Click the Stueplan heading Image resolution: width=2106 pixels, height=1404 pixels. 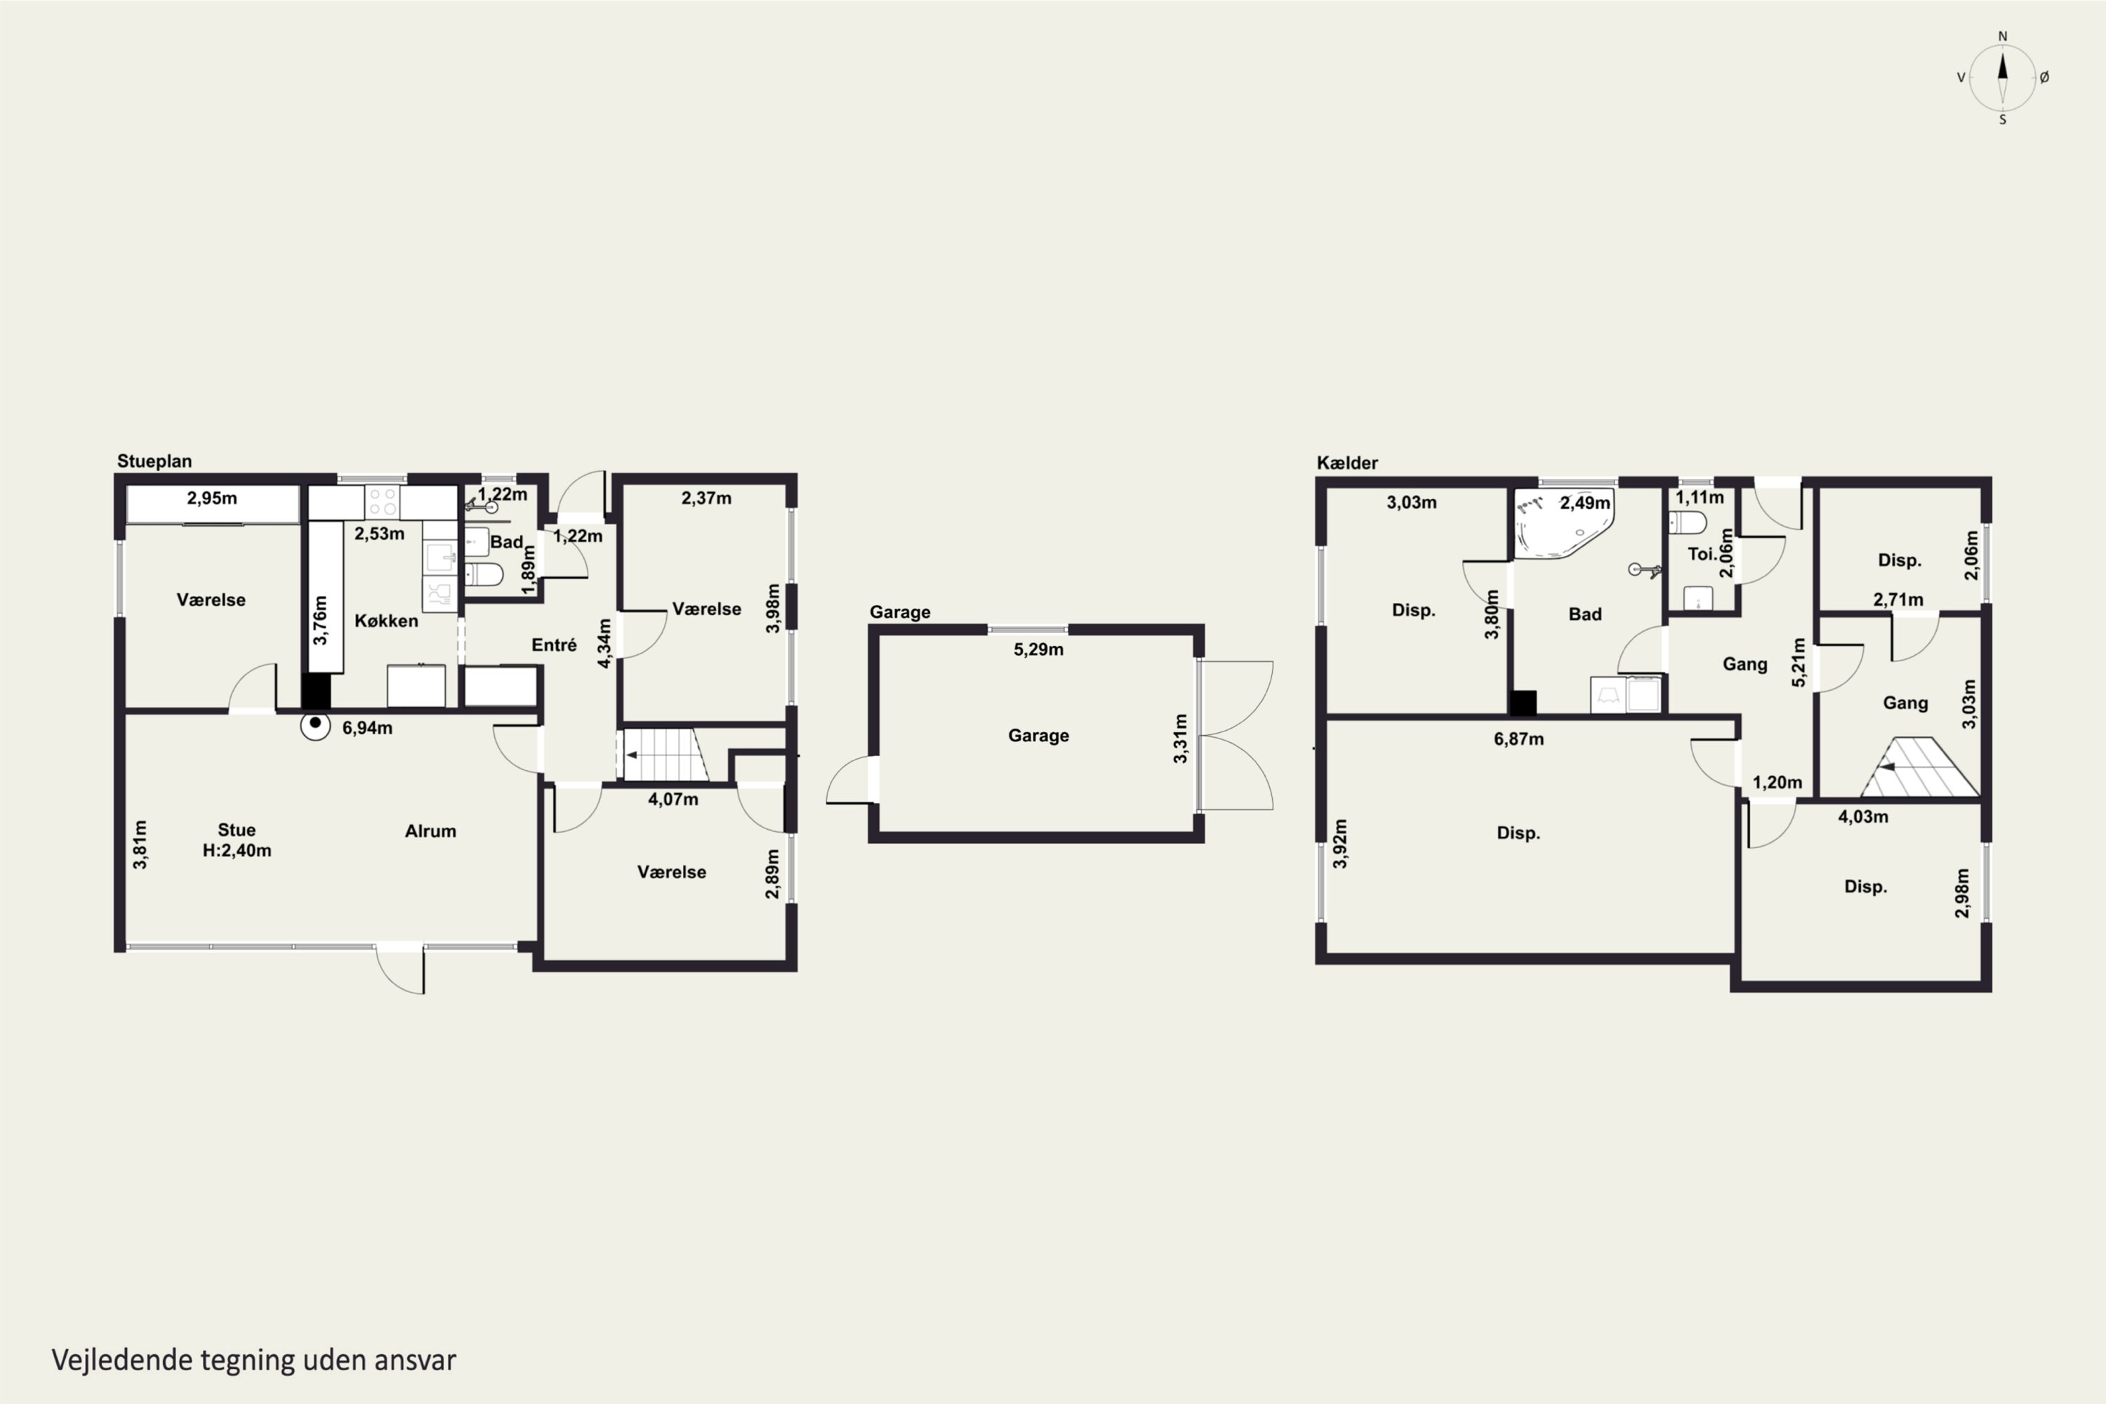(x=154, y=461)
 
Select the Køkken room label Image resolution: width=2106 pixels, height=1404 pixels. (x=386, y=621)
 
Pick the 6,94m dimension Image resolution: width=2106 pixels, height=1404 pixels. (x=367, y=728)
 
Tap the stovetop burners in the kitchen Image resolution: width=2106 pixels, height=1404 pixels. (x=383, y=501)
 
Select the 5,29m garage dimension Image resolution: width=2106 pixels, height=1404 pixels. (x=1039, y=649)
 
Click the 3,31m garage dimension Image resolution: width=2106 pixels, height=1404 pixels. (x=1180, y=739)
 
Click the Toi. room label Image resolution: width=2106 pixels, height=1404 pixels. (x=1701, y=555)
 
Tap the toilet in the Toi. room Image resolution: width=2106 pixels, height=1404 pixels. (x=1688, y=522)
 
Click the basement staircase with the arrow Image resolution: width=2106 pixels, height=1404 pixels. (x=1920, y=767)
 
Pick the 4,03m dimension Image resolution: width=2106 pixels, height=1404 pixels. (x=1863, y=816)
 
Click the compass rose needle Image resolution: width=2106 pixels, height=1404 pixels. (x=2003, y=78)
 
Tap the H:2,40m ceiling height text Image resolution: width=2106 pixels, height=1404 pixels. (x=237, y=851)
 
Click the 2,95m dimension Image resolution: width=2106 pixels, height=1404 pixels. (x=212, y=498)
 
